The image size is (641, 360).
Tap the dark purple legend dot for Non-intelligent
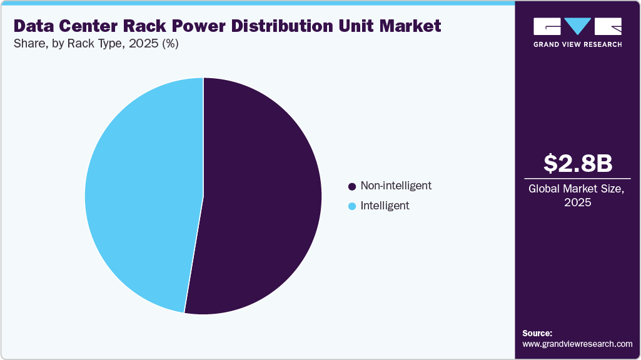(352, 186)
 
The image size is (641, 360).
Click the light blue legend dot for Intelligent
(352, 206)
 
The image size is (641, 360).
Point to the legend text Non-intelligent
(396, 186)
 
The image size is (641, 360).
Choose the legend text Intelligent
(385, 205)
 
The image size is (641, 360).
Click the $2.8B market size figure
(578, 163)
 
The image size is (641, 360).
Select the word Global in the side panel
(543, 189)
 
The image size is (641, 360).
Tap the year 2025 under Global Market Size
(578, 203)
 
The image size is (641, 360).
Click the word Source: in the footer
(537, 333)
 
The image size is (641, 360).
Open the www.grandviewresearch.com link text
(577, 344)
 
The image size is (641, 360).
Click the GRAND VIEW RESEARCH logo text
(577, 44)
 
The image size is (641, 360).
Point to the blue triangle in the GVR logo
(578, 26)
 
